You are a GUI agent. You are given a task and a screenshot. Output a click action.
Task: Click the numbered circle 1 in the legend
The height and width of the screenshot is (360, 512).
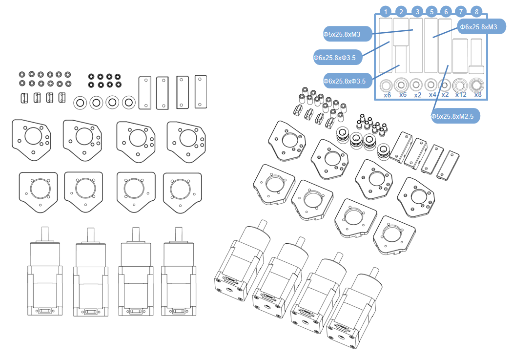coord(386,12)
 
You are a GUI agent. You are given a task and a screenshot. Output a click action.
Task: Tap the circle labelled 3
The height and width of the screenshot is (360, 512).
coord(416,12)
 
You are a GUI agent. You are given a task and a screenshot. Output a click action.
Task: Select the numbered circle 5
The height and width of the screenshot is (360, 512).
coord(431,12)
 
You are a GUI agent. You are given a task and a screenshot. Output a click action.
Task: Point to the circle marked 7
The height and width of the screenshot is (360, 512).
coord(461,12)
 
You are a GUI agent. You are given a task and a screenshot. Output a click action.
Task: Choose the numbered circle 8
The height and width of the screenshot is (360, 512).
coord(476,12)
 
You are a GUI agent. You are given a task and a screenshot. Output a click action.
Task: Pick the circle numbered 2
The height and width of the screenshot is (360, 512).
coord(401,12)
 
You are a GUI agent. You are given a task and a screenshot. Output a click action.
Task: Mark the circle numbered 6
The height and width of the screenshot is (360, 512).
coord(446,12)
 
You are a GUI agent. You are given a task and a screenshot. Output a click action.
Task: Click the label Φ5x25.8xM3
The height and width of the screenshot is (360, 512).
coord(342,34)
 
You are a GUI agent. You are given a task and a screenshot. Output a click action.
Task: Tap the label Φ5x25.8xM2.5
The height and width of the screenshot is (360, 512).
coord(455,116)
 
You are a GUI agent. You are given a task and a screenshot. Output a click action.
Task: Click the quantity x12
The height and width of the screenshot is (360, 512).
coord(461,95)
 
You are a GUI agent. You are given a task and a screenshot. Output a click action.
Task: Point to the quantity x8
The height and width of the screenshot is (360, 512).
coord(478,95)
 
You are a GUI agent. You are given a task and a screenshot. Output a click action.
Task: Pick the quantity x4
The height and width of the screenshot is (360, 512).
coord(432,95)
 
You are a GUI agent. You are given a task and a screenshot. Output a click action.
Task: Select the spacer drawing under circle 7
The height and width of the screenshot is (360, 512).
coord(461,56)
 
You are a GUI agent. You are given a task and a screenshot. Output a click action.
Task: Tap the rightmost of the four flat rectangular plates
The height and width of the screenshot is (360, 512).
coord(201,91)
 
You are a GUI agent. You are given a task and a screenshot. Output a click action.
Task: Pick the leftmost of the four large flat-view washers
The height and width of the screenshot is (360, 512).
coord(80,103)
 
